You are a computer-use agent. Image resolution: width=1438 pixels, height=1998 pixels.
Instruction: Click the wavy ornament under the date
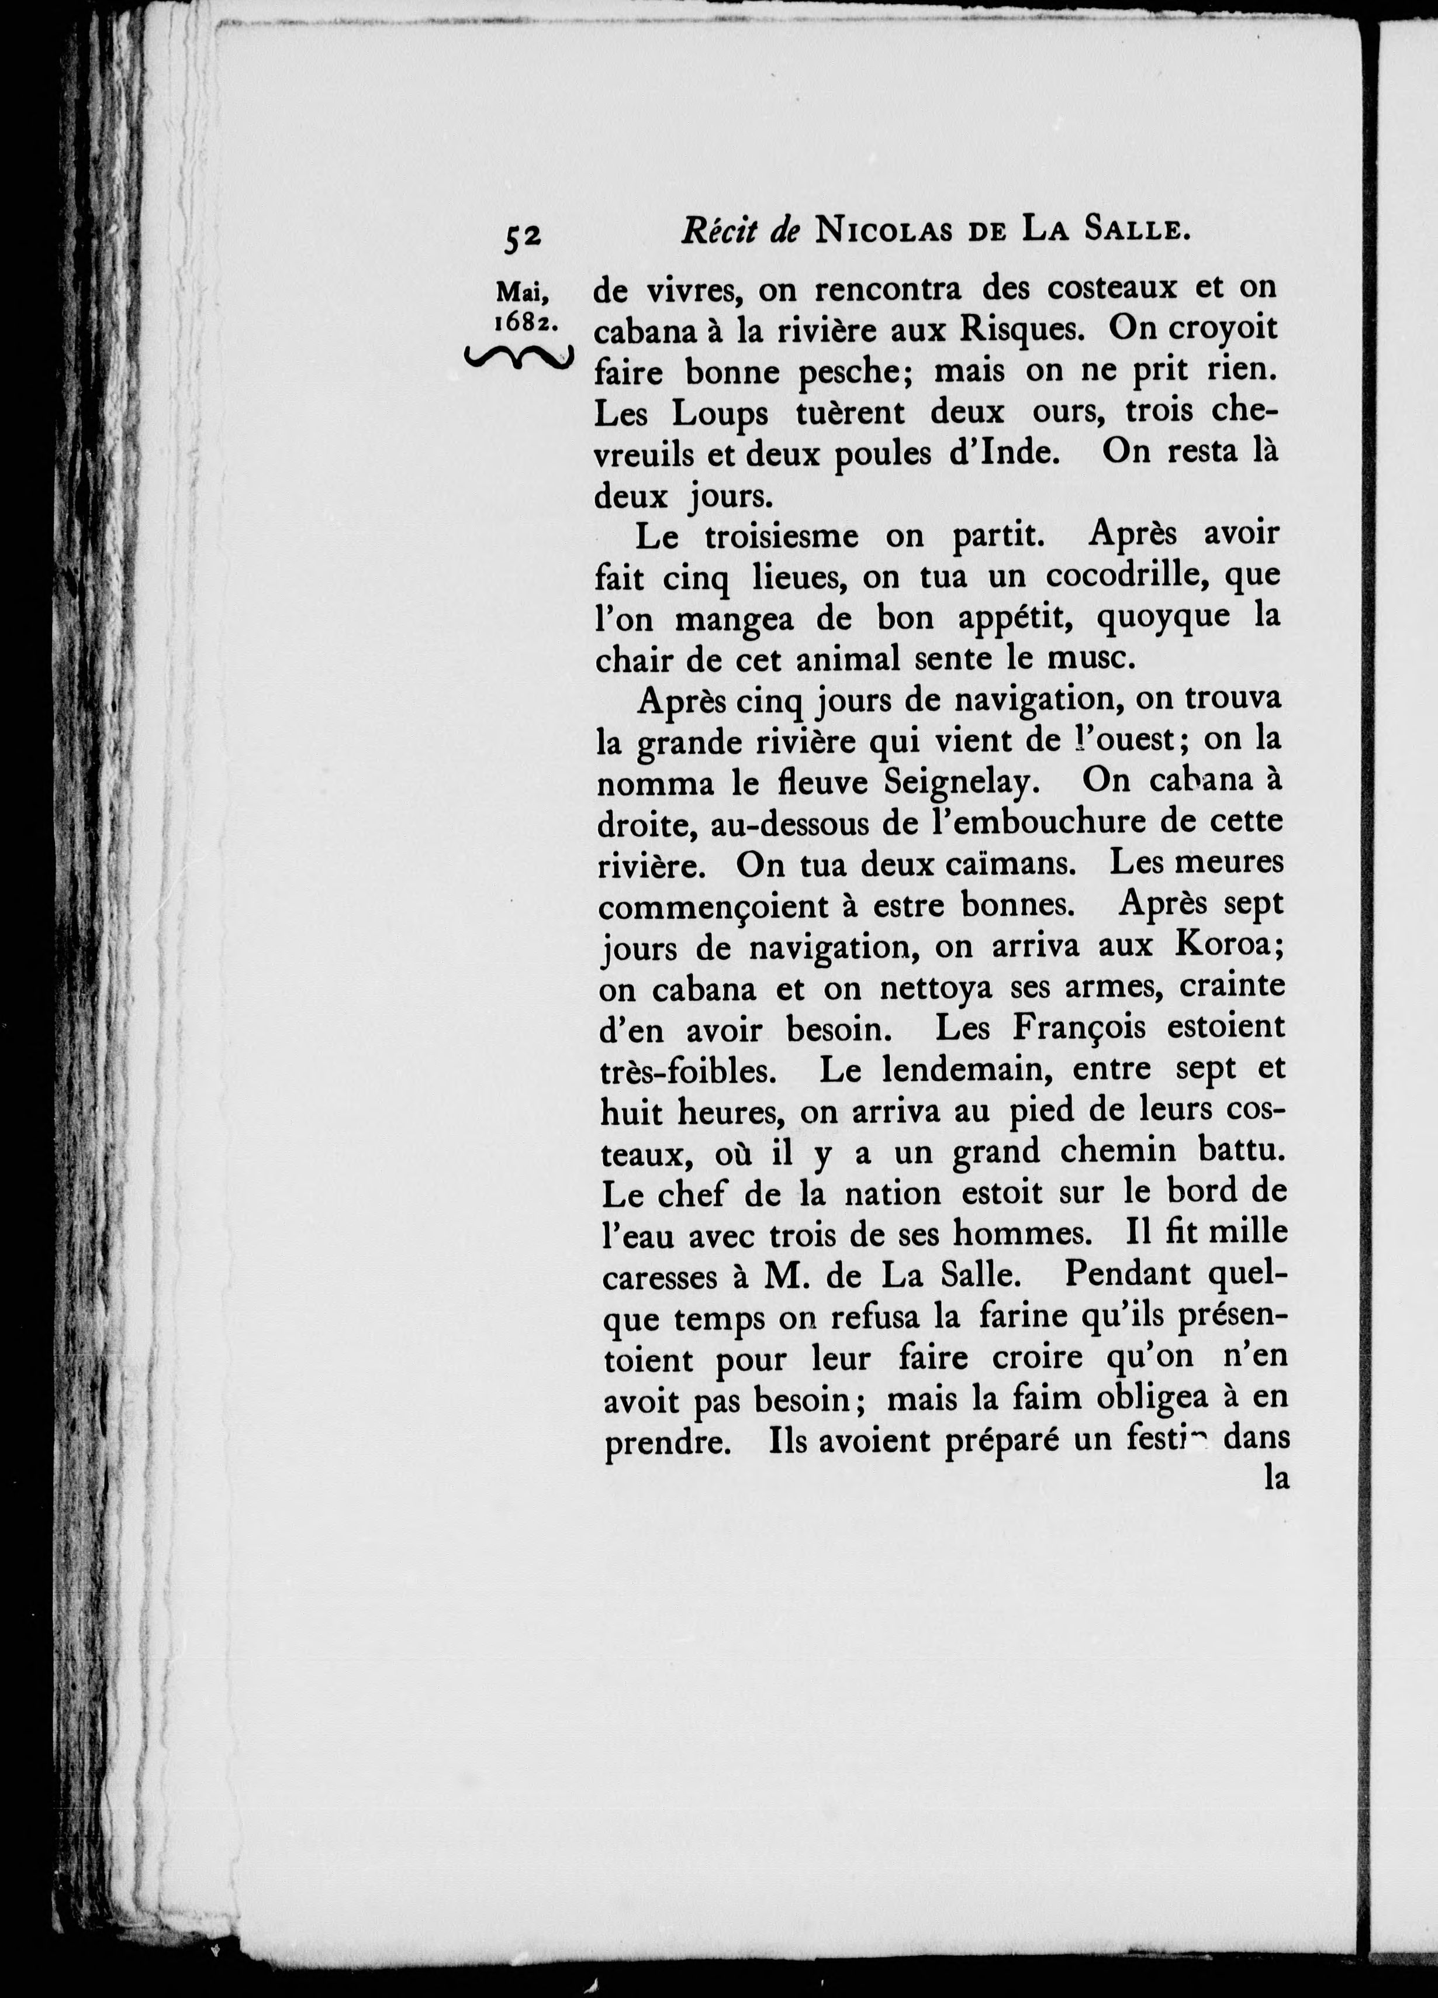pos(518,358)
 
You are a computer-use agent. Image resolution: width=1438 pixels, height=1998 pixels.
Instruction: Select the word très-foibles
pos(686,1070)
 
